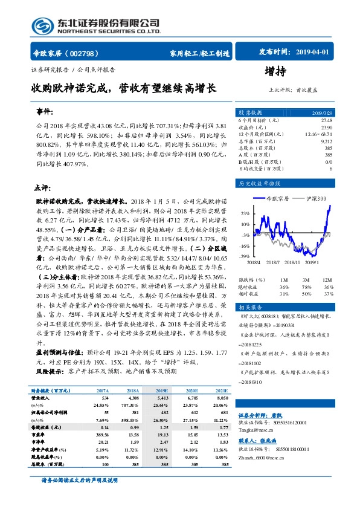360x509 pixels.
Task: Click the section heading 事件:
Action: tap(44, 112)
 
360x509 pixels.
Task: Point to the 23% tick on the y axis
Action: tap(246, 213)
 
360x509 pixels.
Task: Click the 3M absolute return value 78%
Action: tap(307, 287)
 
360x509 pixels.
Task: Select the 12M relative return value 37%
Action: tap(328, 294)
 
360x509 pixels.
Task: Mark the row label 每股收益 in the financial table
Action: tap(43, 427)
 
